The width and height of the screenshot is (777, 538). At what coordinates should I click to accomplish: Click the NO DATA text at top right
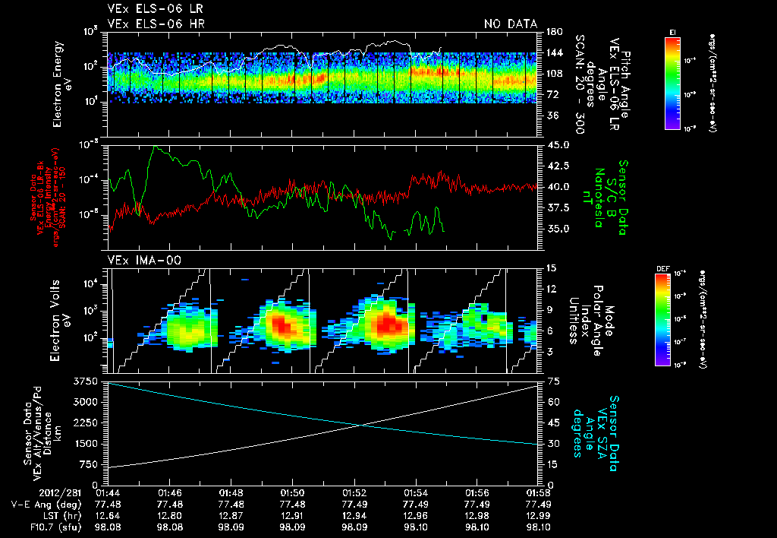(511, 24)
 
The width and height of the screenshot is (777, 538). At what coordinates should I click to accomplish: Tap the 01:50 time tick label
(292, 492)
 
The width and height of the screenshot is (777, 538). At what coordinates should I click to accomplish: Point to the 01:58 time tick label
(538, 492)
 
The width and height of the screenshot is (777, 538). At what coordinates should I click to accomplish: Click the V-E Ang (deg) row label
(42, 504)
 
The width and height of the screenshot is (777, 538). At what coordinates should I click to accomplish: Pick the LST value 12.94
(354, 515)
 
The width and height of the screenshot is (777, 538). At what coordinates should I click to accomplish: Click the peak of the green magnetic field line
(157, 147)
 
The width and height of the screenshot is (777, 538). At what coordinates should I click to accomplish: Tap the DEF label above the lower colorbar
(662, 269)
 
